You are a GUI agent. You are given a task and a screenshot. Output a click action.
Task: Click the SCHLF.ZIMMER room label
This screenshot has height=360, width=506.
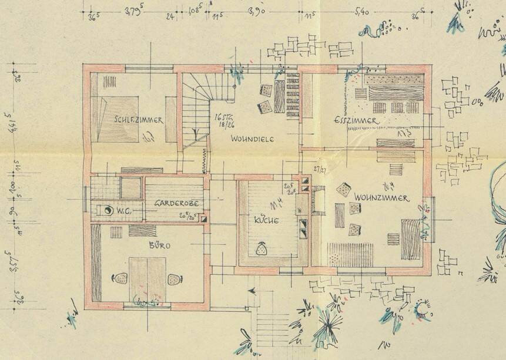point(139,120)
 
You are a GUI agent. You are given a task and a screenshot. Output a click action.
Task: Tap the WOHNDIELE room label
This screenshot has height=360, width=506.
point(253,139)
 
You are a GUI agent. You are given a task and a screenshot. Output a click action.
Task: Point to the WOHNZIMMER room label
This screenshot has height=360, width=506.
point(381,198)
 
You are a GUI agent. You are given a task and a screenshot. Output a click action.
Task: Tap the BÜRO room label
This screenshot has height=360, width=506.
point(159,245)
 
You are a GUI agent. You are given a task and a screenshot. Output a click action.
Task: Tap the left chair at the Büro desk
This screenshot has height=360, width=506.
point(119,279)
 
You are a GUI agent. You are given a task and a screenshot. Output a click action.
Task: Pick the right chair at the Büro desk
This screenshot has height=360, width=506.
point(174,280)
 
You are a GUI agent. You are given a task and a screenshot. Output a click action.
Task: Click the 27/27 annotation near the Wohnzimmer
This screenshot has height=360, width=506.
point(320,169)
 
